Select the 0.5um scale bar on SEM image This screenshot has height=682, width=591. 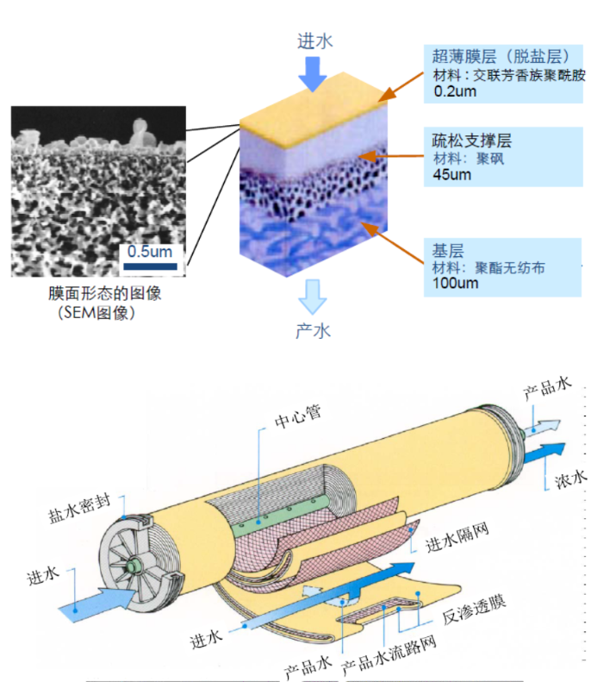[x=152, y=266]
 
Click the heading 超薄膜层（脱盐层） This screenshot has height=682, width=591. [x=498, y=58]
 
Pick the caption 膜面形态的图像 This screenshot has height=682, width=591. [x=106, y=294]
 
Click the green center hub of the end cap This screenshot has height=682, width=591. [x=135, y=565]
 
